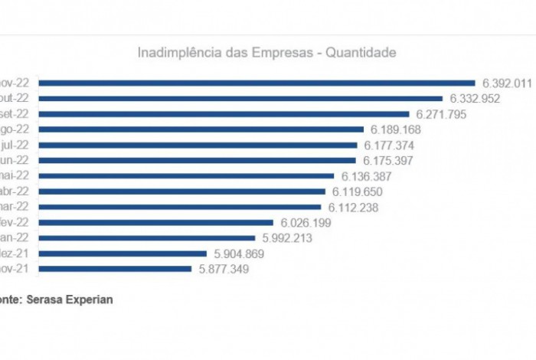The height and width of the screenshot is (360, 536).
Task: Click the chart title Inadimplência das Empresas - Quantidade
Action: click(x=266, y=53)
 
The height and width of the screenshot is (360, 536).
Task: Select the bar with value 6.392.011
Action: click(x=257, y=83)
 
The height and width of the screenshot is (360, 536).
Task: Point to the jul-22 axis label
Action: click(x=15, y=145)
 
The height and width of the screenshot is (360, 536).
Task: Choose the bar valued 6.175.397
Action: click(x=197, y=161)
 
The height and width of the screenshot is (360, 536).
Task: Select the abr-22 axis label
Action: click(x=15, y=191)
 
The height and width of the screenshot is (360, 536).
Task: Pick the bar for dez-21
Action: click(x=123, y=254)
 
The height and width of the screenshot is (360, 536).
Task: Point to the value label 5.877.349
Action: click(x=224, y=269)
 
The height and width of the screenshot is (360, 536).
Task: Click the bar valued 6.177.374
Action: click(x=198, y=145)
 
